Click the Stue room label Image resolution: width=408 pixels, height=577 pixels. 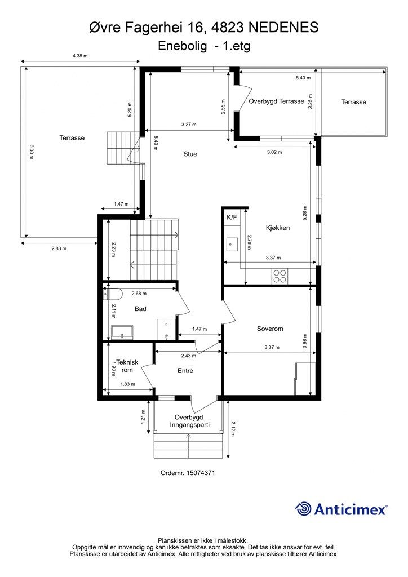click(190, 154)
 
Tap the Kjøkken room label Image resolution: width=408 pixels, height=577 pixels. click(278, 228)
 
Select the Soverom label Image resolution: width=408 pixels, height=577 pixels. click(270, 329)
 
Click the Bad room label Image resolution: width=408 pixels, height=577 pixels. click(140, 309)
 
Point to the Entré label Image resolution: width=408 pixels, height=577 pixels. click(185, 371)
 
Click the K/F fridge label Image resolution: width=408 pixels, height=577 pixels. click(232, 218)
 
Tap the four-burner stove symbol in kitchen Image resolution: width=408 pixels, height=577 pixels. click(280, 276)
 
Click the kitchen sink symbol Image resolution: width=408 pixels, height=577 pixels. click(232, 243)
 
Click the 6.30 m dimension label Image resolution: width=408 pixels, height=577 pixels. click(31, 152)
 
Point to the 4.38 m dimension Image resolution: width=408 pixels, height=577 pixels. click(80, 56)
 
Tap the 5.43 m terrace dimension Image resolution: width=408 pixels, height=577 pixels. click(303, 78)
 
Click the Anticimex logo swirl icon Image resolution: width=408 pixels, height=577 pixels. click(303, 509)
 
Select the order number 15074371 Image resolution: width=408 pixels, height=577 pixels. click(201, 473)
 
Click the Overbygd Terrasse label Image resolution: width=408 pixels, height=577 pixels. click(276, 101)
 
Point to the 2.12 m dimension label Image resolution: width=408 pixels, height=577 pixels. click(233, 429)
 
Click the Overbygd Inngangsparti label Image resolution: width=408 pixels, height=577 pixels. click(189, 421)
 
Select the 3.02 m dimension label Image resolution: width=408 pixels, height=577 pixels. click(274, 152)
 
